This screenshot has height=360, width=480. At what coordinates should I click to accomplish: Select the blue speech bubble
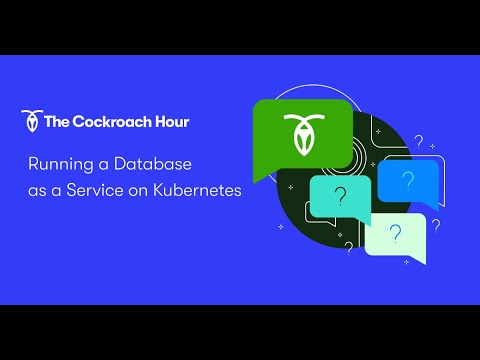click(407, 182)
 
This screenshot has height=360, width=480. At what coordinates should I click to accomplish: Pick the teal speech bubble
click(340, 197)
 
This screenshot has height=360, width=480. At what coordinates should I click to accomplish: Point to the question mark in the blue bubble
click(408, 181)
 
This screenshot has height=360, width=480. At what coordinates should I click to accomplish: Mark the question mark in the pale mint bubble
click(396, 234)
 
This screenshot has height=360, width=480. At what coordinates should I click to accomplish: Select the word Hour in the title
click(168, 122)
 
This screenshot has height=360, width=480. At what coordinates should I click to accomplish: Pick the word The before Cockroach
click(56, 122)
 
